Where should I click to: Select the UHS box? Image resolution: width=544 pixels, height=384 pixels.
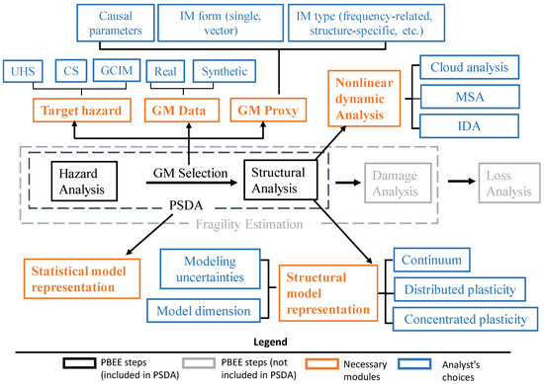pyautogui.click(x=25, y=73)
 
